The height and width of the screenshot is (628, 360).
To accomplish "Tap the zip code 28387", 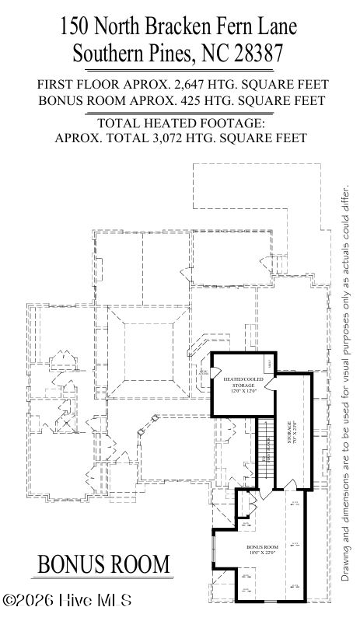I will coord(252,54).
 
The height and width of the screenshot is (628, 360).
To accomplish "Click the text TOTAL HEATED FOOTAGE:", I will coord(180,123).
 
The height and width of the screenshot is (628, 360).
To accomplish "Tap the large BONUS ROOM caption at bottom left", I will coord(103,563).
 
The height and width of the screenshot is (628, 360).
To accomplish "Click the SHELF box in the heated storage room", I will coord(269,363).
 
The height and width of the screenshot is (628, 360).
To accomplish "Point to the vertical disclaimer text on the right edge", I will coord(346,381).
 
